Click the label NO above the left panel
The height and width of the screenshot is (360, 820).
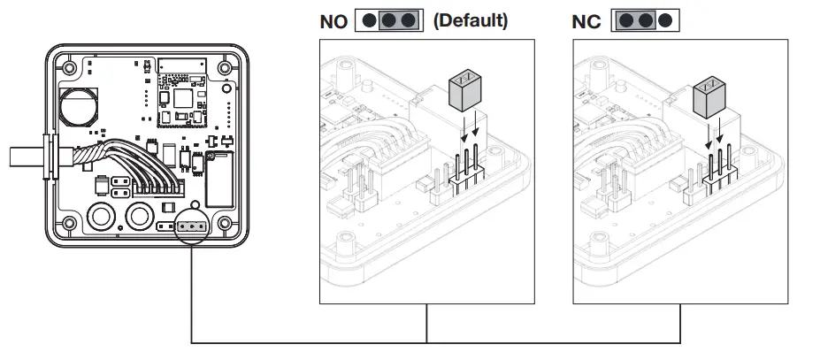(333, 21)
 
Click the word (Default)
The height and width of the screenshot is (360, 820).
(470, 20)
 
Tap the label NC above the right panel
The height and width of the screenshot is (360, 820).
(586, 21)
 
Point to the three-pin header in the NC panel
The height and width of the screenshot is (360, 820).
(717, 173)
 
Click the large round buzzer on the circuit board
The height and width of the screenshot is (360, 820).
(78, 105)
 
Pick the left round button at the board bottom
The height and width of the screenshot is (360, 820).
(102, 216)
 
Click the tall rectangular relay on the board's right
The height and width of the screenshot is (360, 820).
(218, 178)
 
